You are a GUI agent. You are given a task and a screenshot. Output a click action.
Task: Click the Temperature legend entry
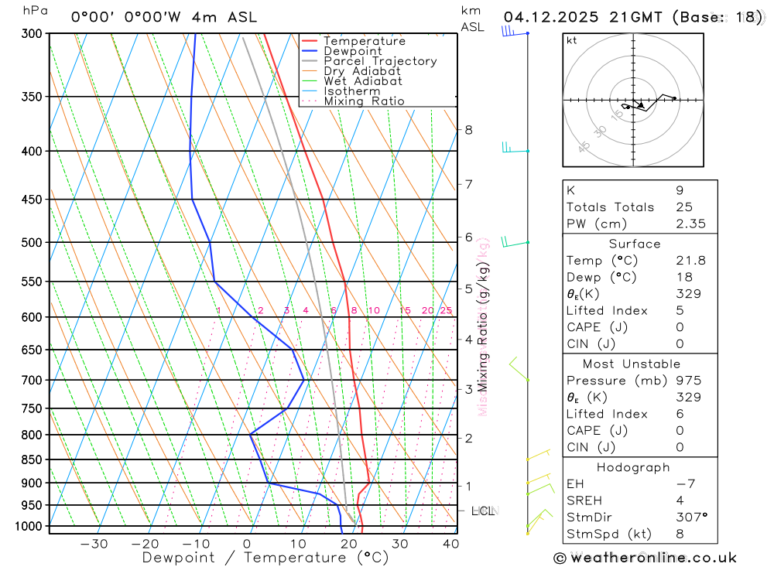coord(364,41)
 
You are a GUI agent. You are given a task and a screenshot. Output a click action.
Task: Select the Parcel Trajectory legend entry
coord(380,61)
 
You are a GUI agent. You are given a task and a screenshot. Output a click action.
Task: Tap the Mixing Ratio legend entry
coord(364,101)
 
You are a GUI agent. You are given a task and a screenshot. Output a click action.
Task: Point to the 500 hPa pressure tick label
coord(32,242)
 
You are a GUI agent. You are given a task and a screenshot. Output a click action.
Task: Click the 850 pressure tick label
coord(32,459)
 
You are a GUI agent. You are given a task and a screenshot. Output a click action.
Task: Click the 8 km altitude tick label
coord(468,130)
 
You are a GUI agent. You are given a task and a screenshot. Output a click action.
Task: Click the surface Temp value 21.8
coord(690,261)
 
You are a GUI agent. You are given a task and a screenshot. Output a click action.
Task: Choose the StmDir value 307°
coord(690,517)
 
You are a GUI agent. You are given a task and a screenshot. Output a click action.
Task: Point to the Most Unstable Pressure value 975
coord(688,381)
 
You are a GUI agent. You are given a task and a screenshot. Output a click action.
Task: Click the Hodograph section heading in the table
coord(639,467)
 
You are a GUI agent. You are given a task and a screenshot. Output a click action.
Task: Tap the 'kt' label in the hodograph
coord(572,41)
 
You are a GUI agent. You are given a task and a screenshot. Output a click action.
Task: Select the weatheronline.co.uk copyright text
coord(645,558)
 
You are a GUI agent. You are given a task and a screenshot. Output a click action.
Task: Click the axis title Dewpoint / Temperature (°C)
coord(265,557)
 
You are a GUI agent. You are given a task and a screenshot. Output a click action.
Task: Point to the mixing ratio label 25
coord(446,311)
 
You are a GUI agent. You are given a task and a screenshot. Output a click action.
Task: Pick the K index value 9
coord(679,190)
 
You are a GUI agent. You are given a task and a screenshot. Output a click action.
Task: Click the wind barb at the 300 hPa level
coord(509,32)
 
